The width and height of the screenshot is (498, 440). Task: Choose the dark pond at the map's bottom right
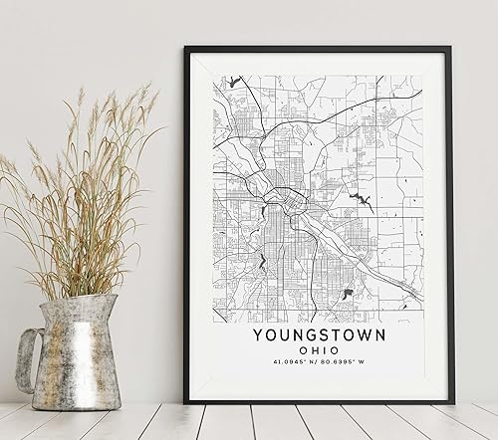coord(350,293)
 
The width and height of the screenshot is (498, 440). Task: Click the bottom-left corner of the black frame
coord(185,401)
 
